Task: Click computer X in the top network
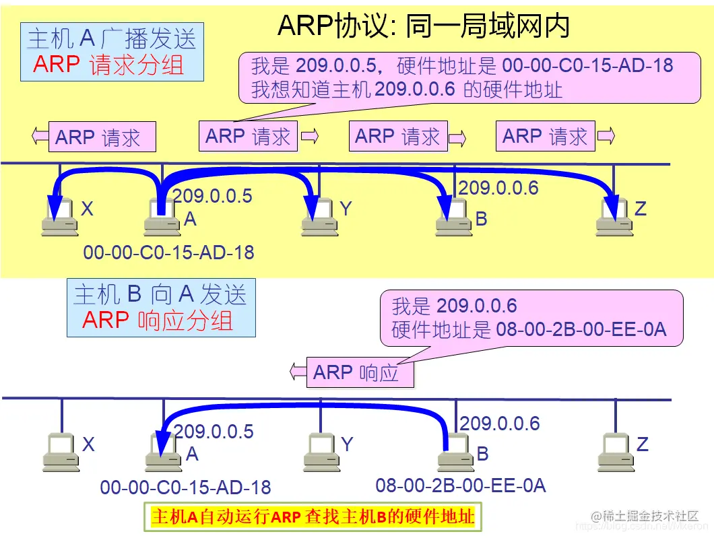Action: [x=60, y=217]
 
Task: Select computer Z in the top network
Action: [x=614, y=217]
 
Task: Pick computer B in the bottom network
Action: [x=456, y=452]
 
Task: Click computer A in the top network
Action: [x=162, y=217]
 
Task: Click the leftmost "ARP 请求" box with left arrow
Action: [x=98, y=137]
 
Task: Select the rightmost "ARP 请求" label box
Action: [x=545, y=136]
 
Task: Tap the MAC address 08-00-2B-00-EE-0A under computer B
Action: [x=460, y=485]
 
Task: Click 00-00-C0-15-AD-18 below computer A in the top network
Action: [x=168, y=253]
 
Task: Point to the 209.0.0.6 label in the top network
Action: [x=498, y=188]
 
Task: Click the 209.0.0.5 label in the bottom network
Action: [x=214, y=432]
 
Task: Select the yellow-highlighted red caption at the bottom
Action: [x=313, y=516]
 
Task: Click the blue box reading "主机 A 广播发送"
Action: [x=112, y=52]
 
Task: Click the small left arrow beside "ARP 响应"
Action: [x=297, y=370]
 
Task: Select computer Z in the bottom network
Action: [x=615, y=452]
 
